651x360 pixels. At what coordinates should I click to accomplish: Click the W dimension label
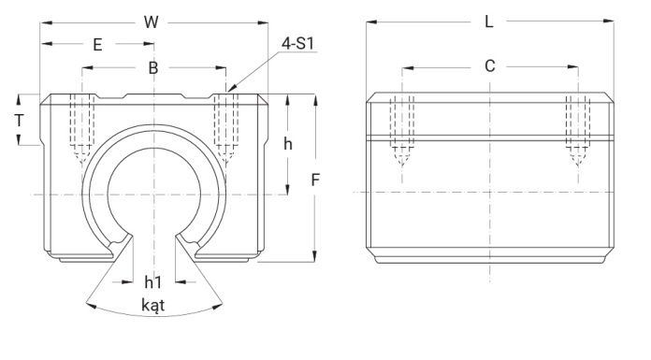[152, 22]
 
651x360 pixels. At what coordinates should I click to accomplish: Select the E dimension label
[97, 45]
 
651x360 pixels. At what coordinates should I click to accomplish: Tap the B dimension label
[153, 67]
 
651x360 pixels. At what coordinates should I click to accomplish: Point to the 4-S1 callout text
[297, 43]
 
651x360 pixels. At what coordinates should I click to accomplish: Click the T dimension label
[19, 121]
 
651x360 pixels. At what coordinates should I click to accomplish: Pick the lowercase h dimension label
[288, 144]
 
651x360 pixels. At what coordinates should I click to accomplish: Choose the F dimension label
[315, 180]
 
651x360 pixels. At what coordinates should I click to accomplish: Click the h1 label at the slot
[152, 282]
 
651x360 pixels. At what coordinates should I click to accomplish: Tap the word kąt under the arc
[153, 305]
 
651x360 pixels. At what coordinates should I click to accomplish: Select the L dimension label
[489, 22]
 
